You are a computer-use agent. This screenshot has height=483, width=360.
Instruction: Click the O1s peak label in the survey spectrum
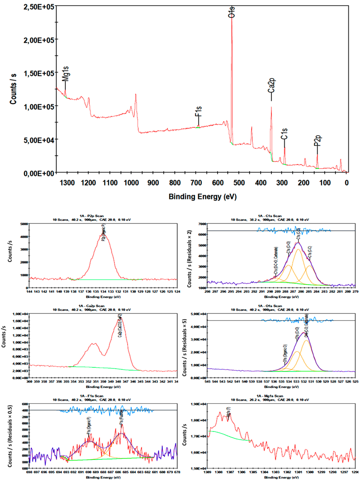[x=231, y=12]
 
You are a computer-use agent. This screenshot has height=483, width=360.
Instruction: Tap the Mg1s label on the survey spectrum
[x=65, y=74]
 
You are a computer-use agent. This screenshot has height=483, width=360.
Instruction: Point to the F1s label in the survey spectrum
[x=198, y=111]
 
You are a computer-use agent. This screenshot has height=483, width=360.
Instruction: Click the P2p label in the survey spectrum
[x=318, y=141]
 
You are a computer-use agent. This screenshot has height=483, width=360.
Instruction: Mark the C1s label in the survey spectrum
[x=284, y=134]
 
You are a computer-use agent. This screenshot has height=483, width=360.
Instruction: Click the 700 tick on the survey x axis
[x=196, y=183]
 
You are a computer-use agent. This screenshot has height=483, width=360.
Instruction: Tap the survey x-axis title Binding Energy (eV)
[x=203, y=197]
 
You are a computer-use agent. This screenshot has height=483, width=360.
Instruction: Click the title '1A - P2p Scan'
[x=92, y=216]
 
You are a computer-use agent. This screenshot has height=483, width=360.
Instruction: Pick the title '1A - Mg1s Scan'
[x=270, y=396]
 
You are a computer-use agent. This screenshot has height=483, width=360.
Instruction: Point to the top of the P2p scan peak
[x=103, y=235]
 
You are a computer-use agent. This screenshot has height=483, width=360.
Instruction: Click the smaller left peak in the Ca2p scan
[x=94, y=343]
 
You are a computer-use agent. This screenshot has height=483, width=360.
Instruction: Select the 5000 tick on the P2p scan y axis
[x=24, y=224]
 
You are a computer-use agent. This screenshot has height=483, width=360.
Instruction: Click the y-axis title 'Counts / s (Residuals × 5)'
[x=185, y=348]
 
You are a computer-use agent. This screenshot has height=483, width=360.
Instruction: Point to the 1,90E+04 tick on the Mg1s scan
[x=198, y=404]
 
